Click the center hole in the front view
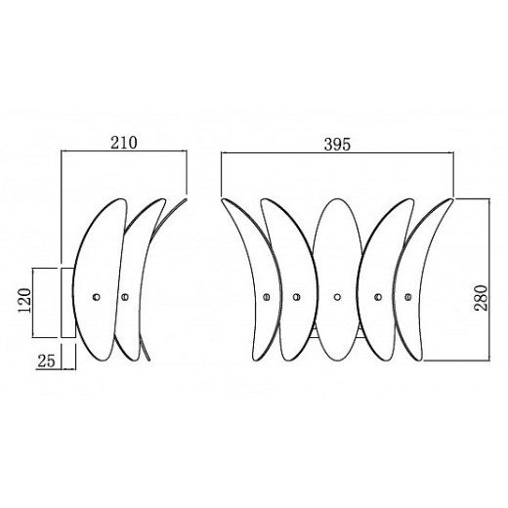(x=336, y=295)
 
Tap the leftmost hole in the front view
(x=267, y=296)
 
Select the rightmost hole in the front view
(x=405, y=294)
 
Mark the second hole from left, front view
(x=295, y=295)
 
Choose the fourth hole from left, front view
(x=377, y=295)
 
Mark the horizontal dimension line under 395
(x=337, y=153)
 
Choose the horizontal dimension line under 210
(x=123, y=152)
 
